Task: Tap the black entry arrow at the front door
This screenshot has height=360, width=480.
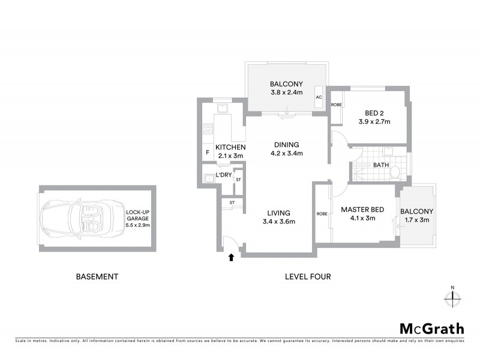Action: [x=231, y=258]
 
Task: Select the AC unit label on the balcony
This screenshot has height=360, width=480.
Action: [x=319, y=97]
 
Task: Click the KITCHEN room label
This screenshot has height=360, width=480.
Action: [x=230, y=148]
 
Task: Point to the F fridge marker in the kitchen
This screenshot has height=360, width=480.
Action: [x=208, y=152]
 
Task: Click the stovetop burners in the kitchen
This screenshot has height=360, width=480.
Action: [x=209, y=128]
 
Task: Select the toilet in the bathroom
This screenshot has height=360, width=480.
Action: [x=395, y=173]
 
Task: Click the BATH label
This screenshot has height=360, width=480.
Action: [x=381, y=164]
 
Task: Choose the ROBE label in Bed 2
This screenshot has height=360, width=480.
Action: [x=337, y=105]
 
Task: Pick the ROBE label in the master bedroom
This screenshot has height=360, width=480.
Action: [x=321, y=214]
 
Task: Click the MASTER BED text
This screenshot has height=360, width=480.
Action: [x=362, y=209]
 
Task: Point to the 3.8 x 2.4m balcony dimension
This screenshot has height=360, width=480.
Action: [x=286, y=93]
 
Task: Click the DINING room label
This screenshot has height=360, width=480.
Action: [x=286, y=145]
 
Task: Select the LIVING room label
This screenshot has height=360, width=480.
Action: [x=279, y=212]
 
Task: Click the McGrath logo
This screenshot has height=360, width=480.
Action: [x=432, y=328]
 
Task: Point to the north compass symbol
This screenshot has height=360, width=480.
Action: [x=453, y=296]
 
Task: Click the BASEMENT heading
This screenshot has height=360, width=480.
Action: [x=97, y=277]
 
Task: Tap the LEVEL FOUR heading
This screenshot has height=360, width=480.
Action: [x=307, y=277]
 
